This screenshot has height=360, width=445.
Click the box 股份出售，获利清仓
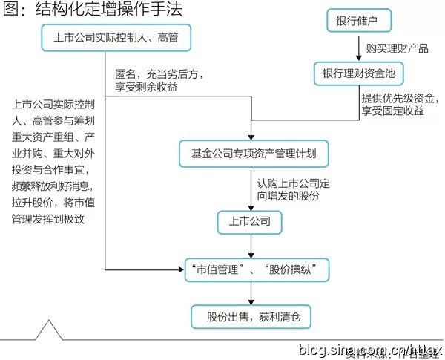point(250,317)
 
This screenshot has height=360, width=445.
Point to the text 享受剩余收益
point(146,88)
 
